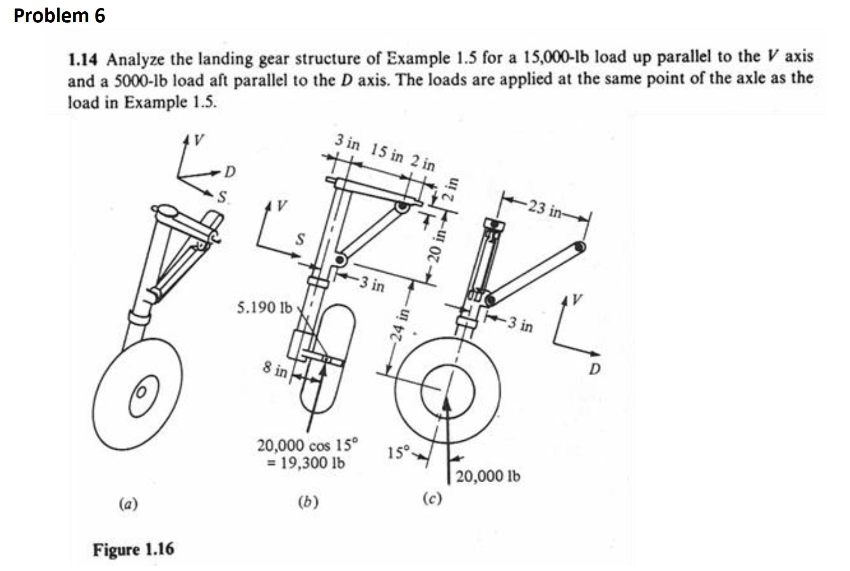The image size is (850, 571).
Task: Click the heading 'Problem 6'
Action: click(59, 16)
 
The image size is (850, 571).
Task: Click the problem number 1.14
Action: click(83, 60)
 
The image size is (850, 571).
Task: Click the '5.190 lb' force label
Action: click(264, 308)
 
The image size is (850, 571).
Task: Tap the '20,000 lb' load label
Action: click(488, 476)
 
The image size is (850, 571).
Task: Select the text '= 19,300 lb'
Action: click(306, 463)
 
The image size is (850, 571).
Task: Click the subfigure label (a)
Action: click(128, 504)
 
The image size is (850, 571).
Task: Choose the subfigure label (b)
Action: click(308, 502)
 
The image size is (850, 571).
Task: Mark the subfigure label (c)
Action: click(432, 498)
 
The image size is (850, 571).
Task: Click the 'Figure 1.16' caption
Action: click(133, 549)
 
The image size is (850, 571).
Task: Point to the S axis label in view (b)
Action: click(299, 239)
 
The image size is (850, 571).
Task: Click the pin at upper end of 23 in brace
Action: click(580, 247)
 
